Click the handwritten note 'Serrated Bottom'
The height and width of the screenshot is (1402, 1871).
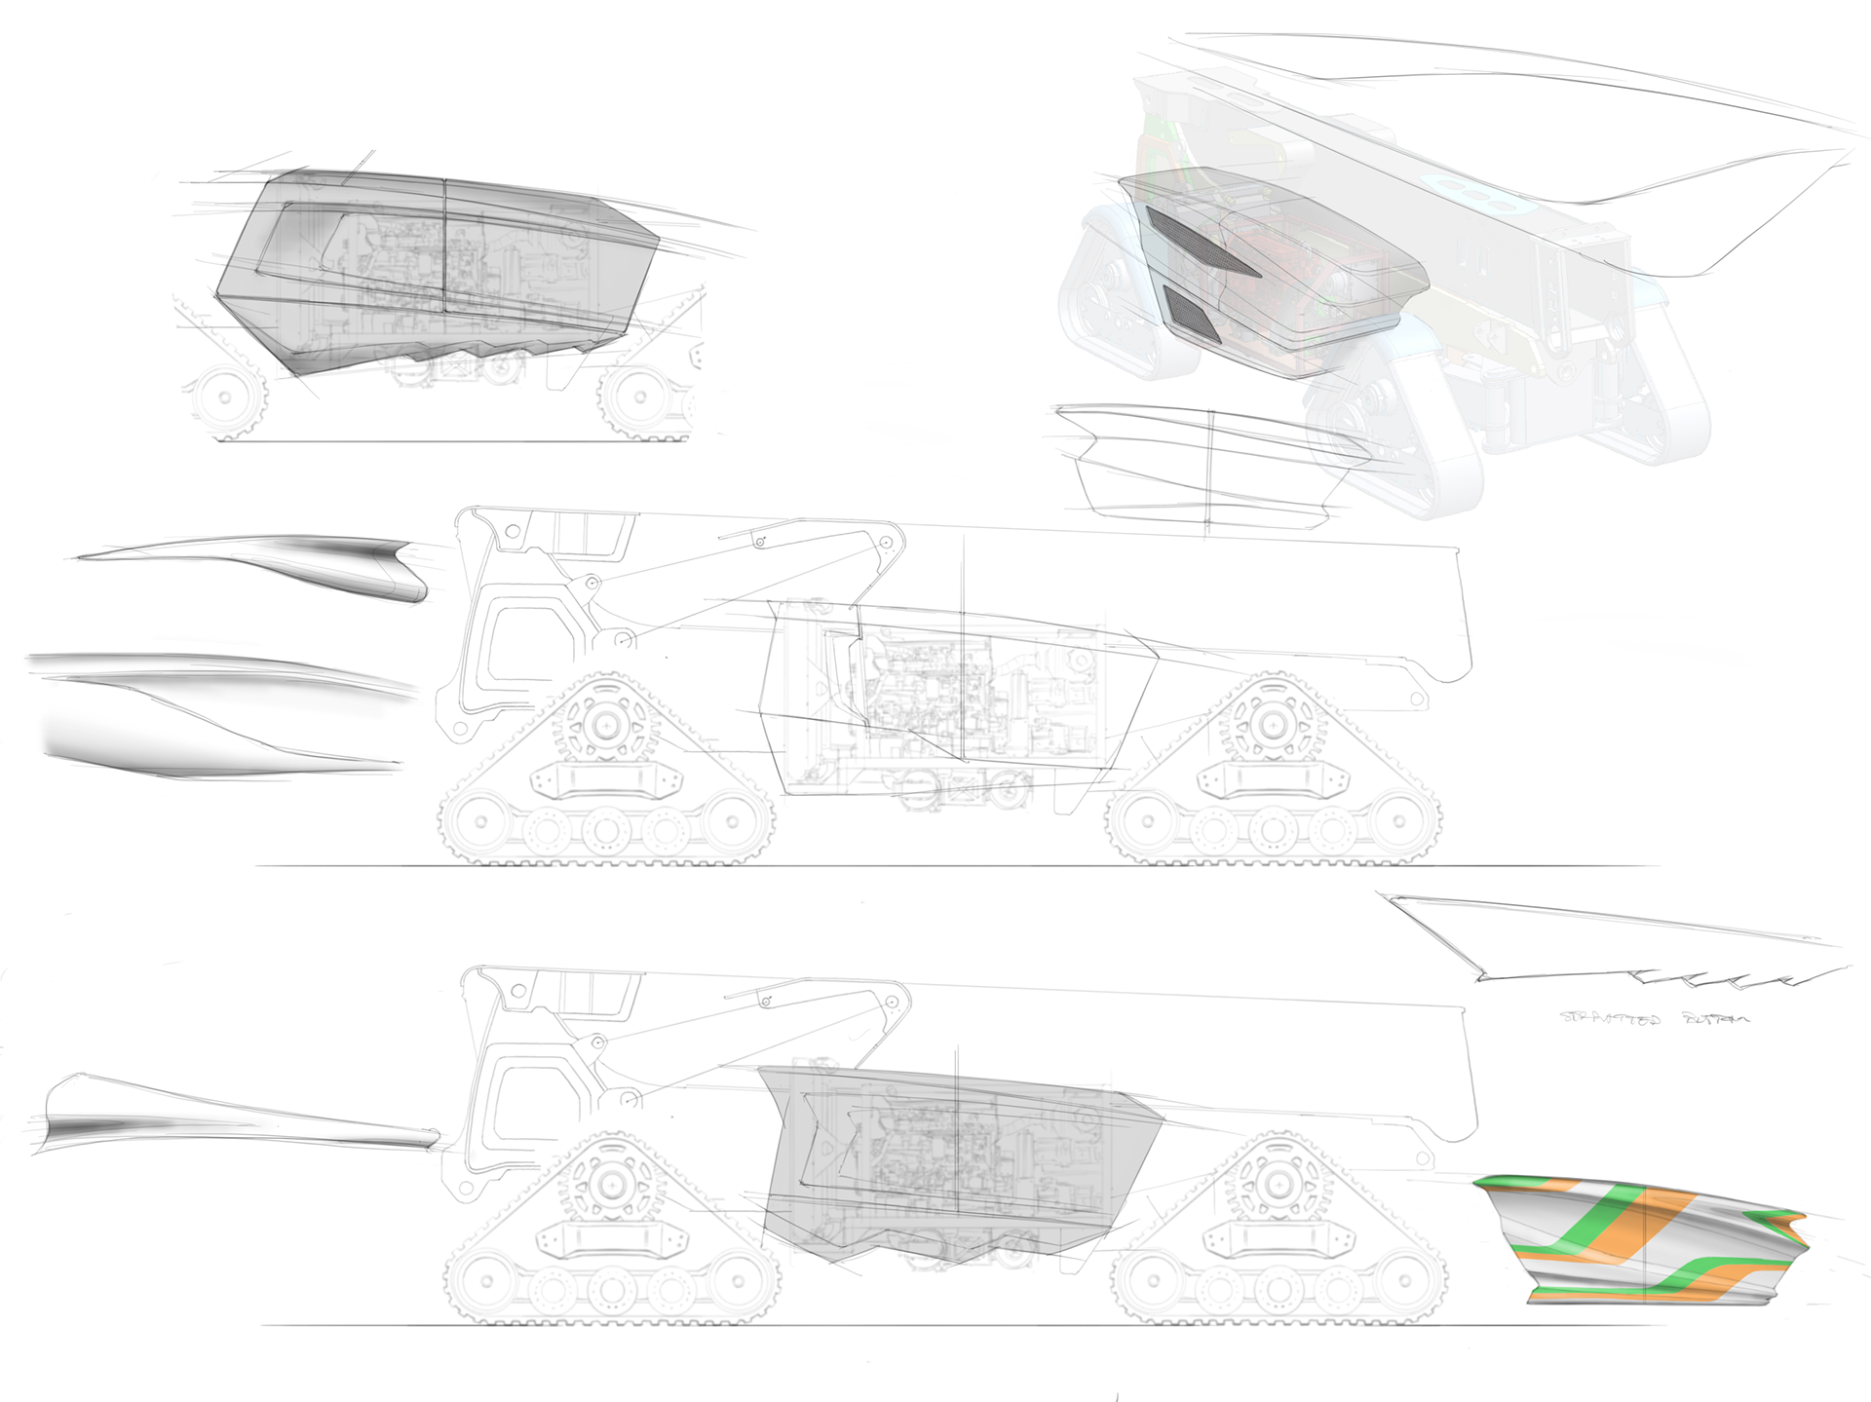click(x=1654, y=1018)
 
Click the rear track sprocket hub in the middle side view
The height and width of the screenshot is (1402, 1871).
click(x=1270, y=726)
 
